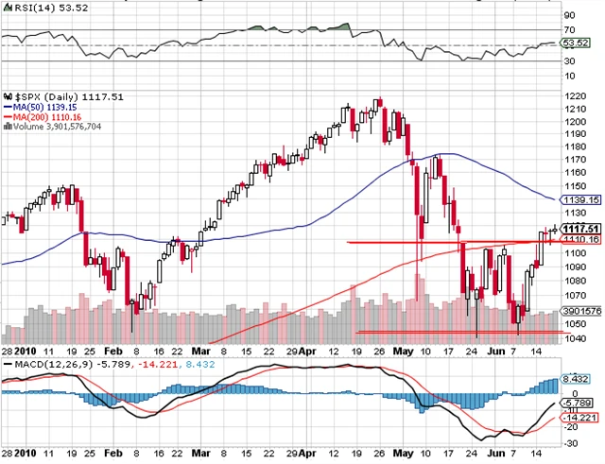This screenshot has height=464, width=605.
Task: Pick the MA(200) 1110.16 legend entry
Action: pyautogui.click(x=43, y=117)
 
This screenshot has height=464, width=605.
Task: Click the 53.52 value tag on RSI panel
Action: pyautogui.click(x=575, y=43)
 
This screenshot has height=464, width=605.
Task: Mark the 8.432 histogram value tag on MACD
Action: pyautogui.click(x=575, y=380)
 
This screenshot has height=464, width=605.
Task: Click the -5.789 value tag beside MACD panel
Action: pyautogui.click(x=576, y=403)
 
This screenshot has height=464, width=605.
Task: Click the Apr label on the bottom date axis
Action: pyautogui.click(x=322, y=350)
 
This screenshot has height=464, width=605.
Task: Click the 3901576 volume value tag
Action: pyautogui.click(x=578, y=311)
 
